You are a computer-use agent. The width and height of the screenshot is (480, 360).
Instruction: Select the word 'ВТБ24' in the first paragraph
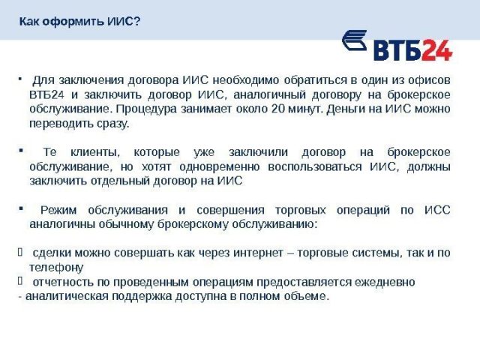(x=47, y=94)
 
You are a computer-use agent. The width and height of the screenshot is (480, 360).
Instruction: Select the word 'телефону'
(x=56, y=266)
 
